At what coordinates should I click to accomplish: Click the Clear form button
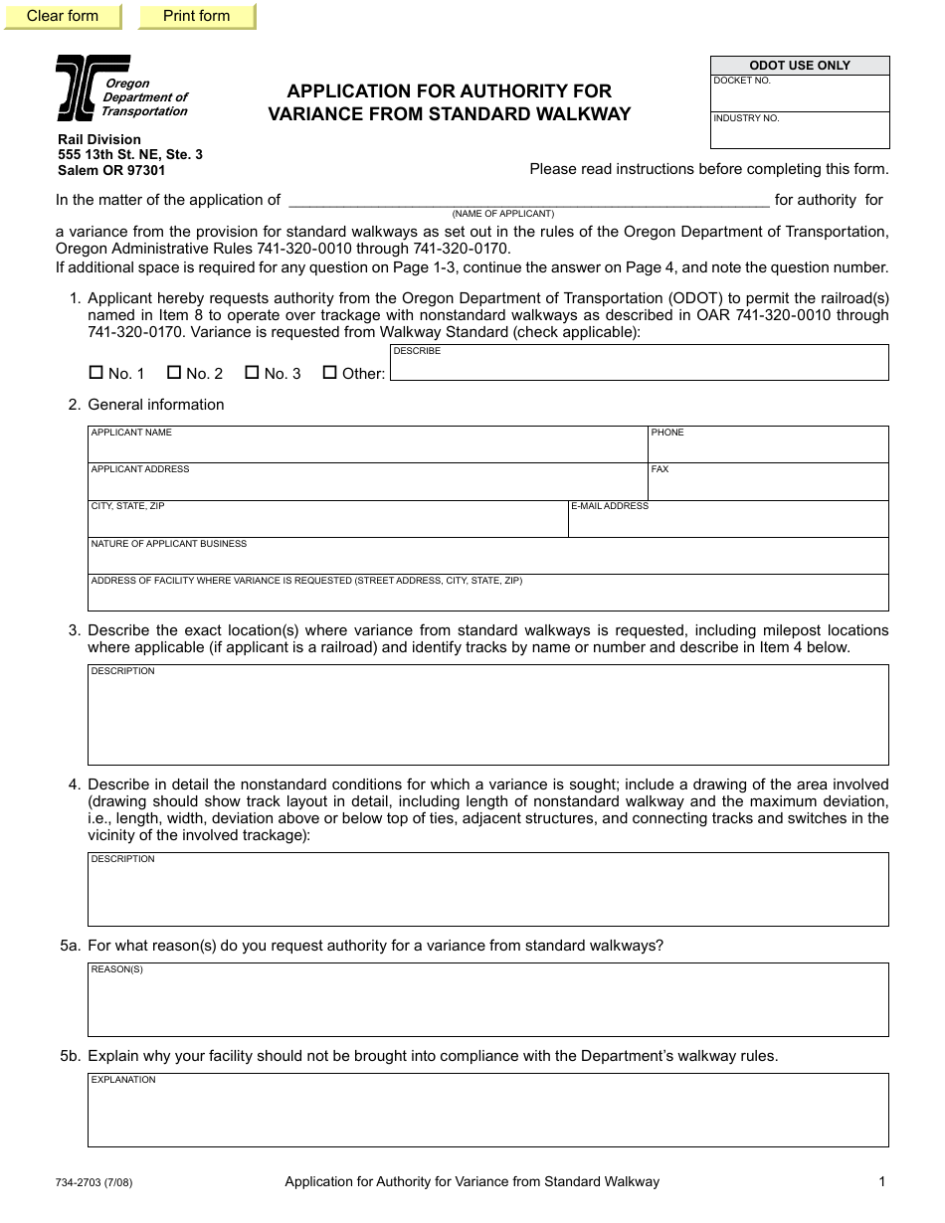[x=63, y=16]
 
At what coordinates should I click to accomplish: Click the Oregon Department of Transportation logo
[x=92, y=87]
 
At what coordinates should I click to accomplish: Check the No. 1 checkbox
[x=96, y=373]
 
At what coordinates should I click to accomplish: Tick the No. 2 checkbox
[x=174, y=373]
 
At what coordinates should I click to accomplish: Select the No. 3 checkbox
[x=253, y=373]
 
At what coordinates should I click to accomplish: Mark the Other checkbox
[x=330, y=373]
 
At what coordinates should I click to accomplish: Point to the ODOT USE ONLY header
[x=800, y=66]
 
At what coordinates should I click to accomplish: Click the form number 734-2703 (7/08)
[x=94, y=1183]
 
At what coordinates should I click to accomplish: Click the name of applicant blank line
[x=528, y=199]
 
